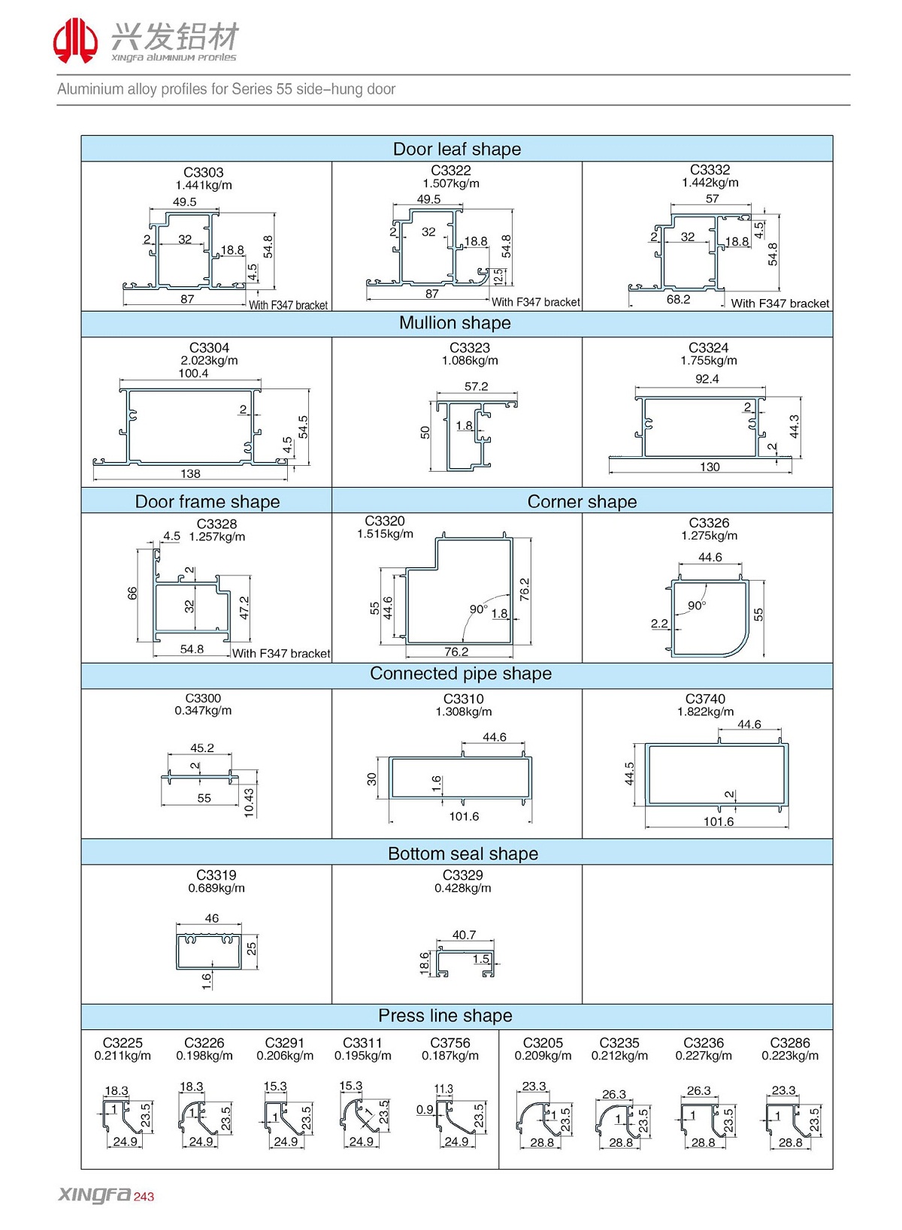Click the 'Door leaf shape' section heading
pyautogui.click(x=456, y=149)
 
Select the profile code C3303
pyautogui.click(x=203, y=173)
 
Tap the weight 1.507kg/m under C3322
pyautogui.click(x=451, y=183)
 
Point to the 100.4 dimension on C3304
pyautogui.click(x=193, y=373)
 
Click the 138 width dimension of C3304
pyautogui.click(x=190, y=473)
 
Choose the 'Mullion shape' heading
pyautogui.click(x=455, y=323)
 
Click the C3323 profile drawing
pyautogui.click(x=474, y=436)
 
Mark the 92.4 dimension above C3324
pyautogui.click(x=707, y=379)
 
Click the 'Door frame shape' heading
pyautogui.click(x=207, y=501)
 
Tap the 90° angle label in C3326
pyautogui.click(x=697, y=606)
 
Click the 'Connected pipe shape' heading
pyautogui.click(x=460, y=674)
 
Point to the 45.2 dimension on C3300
pyautogui.click(x=201, y=748)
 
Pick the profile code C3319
pyautogui.click(x=216, y=875)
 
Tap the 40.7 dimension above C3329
pyautogui.click(x=464, y=935)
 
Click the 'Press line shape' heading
pyautogui.click(x=445, y=1016)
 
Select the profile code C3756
pyautogui.click(x=449, y=1043)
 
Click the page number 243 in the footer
pyautogui.click(x=144, y=1197)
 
